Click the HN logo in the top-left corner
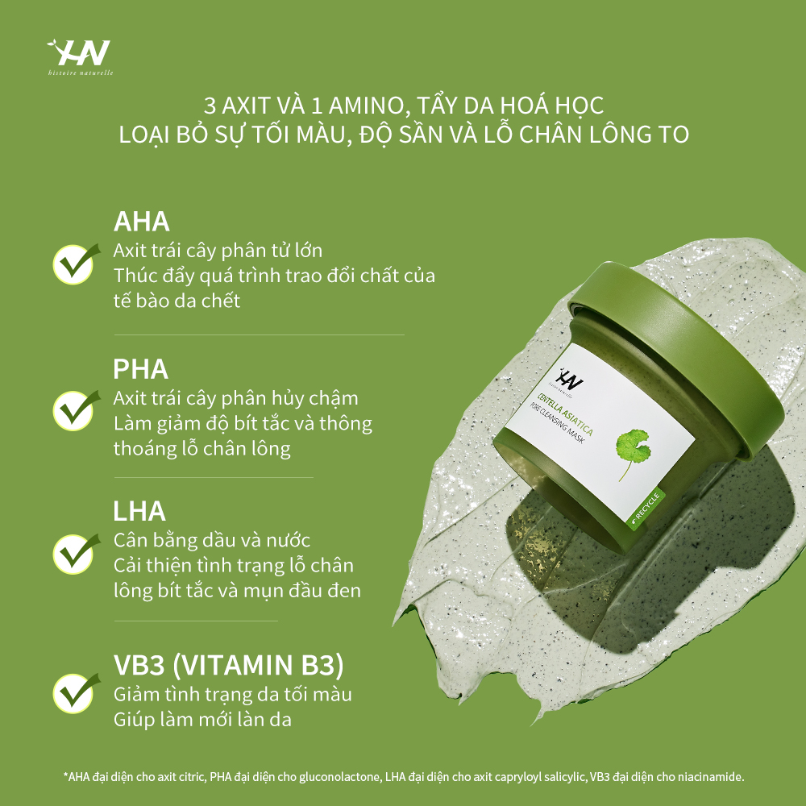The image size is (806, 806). coord(80,55)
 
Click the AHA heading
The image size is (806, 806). coord(141,222)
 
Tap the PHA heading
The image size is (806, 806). coord(141,368)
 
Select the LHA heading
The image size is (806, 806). coord(139,510)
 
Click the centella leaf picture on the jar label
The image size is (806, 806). coord(633,451)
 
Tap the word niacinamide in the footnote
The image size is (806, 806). coord(709,777)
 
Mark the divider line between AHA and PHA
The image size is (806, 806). coord(259,334)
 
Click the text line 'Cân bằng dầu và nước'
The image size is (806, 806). coord(211,539)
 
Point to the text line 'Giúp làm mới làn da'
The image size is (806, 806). coord(202,719)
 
